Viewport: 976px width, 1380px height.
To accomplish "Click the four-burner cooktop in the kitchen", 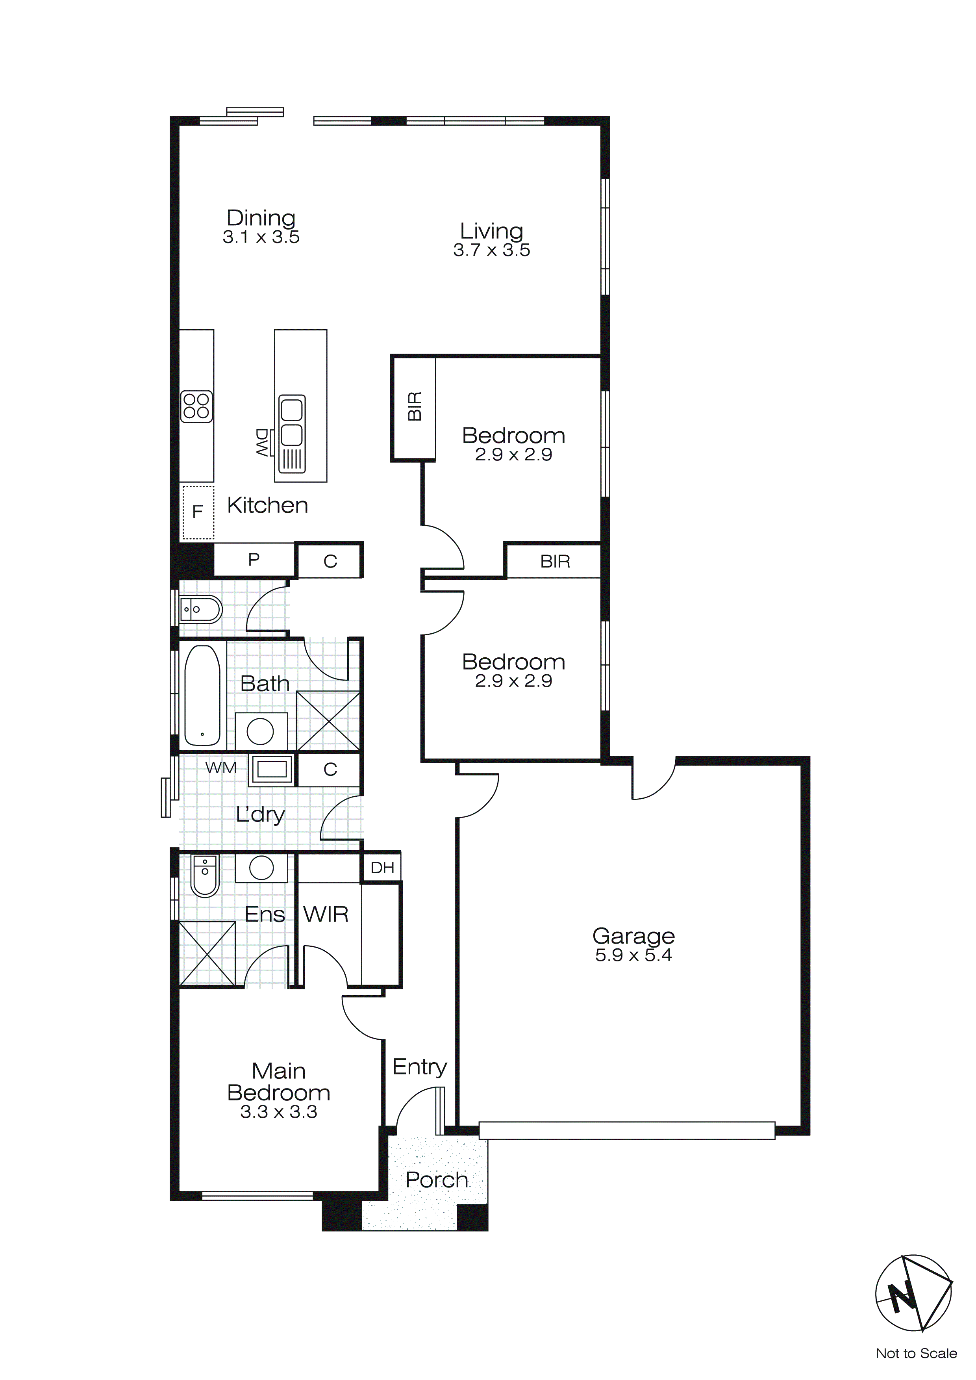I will point(196,406).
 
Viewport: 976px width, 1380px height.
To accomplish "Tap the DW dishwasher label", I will point(262,443).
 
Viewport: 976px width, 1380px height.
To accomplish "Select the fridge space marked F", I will point(198,512).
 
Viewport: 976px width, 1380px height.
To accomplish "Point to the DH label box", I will point(382,867).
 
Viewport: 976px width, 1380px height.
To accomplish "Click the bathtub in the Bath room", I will point(202,696).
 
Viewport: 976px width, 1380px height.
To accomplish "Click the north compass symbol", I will point(913,1292).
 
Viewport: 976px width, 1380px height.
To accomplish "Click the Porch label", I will point(437,1180).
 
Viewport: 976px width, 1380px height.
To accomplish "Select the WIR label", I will point(326,914).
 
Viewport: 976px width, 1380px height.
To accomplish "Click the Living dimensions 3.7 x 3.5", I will point(492,250).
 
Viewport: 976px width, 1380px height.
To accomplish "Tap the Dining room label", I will point(261,217).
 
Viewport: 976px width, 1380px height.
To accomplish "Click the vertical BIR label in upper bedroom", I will point(415,406).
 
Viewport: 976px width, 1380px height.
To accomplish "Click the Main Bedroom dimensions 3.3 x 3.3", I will point(279,1112).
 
